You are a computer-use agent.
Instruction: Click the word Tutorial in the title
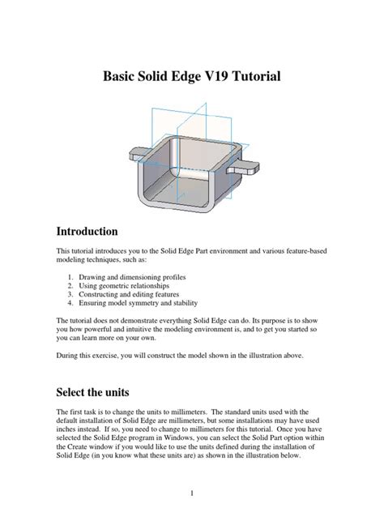click(x=252, y=78)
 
